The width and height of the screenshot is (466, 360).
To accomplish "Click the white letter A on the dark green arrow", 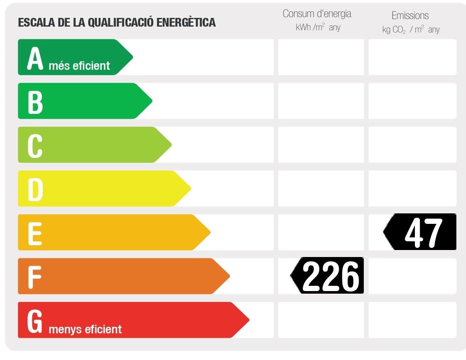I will pos(35,58).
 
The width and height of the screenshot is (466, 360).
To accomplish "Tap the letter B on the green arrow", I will pos(35,102).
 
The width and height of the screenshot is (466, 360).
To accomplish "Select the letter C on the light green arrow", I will pos(35,146).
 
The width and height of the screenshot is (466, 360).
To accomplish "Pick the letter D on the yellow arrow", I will pos(35,189).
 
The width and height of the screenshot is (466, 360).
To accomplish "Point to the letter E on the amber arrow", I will pos(35,233).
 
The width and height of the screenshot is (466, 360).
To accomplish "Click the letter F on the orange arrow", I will pos(35,277).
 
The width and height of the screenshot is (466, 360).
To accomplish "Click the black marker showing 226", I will pos(328,276).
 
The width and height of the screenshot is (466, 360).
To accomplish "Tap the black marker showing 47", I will pos(421,232).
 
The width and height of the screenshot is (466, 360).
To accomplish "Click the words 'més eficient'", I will pos(79,66).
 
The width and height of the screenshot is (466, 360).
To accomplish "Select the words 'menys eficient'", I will pos(85,329).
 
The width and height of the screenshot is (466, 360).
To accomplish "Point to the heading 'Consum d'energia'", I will pos(317,14).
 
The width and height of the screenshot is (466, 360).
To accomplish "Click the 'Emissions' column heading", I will pos(410,16).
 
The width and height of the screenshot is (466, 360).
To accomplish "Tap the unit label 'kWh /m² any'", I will pos(318,27).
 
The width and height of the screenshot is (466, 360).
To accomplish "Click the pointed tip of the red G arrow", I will pos(248,320).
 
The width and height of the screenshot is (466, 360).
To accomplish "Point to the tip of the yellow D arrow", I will pos(190,189).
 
